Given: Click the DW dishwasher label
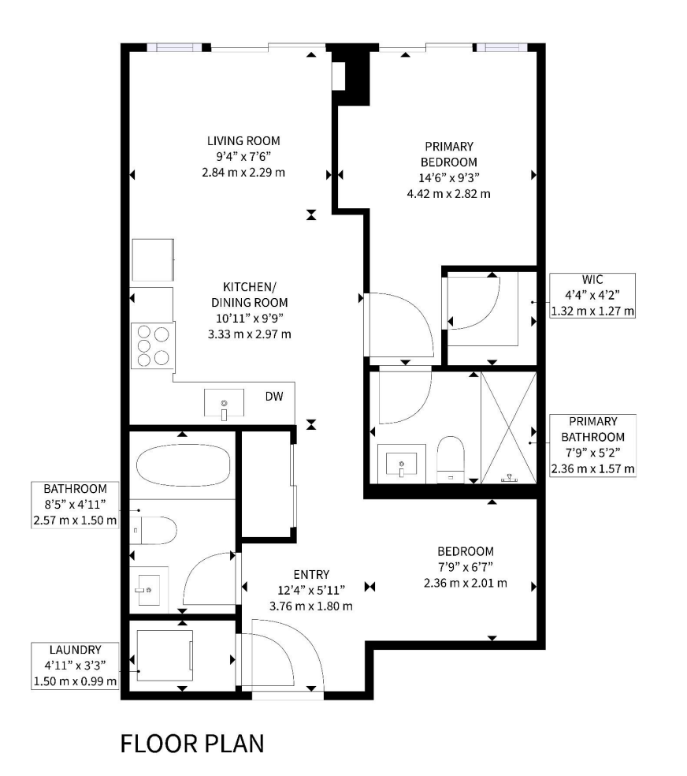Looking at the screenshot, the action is [x=274, y=397].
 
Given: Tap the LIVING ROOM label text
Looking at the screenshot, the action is [x=243, y=141].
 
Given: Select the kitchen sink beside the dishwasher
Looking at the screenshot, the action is [x=225, y=403].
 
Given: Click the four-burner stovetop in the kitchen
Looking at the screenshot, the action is [x=153, y=345].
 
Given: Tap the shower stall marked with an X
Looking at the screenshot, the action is [x=509, y=428].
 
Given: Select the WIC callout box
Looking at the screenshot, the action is [x=592, y=296].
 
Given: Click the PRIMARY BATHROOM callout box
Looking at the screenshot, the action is [x=592, y=446].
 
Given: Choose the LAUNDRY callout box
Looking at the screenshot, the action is [x=75, y=666].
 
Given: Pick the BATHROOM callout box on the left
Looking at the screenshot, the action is [x=75, y=505].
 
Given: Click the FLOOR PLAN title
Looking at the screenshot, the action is [x=192, y=744].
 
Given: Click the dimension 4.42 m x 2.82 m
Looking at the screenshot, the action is [x=449, y=194].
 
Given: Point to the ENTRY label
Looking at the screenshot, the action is [x=311, y=575].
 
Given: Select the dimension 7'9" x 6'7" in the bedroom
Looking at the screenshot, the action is [x=466, y=567].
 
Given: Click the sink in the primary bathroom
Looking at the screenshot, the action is [x=401, y=464].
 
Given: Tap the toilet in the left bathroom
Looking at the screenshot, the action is [x=153, y=530].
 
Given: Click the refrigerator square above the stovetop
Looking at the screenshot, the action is [x=153, y=260].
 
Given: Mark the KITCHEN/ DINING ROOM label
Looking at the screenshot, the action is [x=250, y=295].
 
